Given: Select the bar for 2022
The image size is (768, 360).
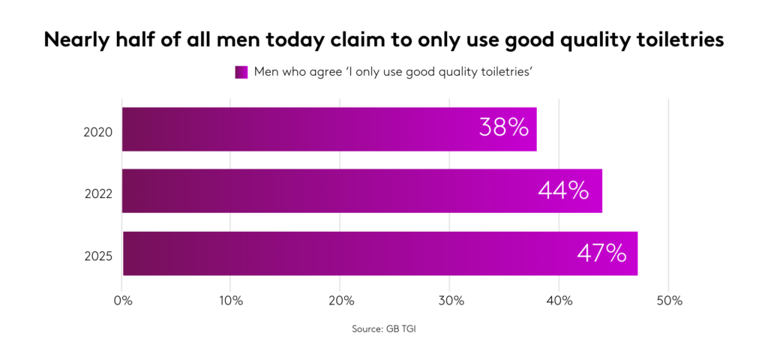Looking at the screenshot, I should tap(361, 190).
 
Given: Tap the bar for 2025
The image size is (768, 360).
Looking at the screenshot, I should tap(379, 253).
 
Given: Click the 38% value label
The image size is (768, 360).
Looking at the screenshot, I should tap(504, 127).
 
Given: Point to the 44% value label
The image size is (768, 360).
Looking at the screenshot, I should tap(563, 190).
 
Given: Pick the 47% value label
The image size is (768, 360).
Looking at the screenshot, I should tap(601, 253).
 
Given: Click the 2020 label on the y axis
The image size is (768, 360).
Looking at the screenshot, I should tap(98, 133).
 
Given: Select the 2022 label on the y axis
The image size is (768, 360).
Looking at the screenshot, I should tap(98, 194).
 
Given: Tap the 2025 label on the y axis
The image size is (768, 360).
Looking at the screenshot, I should tap(98, 256).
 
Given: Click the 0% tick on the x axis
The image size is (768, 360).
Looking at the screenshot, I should tap(122, 301).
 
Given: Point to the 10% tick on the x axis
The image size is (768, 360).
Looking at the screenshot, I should tap(231, 301).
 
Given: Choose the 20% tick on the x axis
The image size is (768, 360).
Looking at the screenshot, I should tap(340, 301).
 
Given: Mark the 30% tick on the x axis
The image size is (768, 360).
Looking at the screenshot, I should tap(450, 301).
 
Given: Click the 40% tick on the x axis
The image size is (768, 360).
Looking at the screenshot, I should tap(559, 301).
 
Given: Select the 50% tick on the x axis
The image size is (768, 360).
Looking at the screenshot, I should tap(669, 301).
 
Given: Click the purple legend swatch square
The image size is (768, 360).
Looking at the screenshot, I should tap(241, 72).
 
